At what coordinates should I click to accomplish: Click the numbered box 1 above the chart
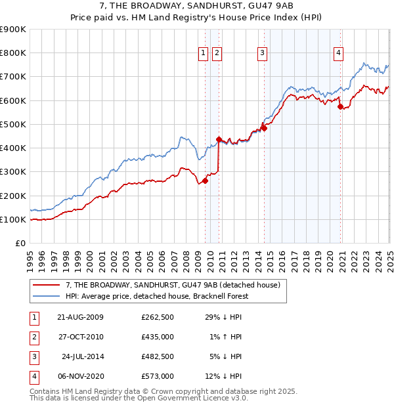click(203, 54)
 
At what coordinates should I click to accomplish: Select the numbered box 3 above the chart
click(262, 54)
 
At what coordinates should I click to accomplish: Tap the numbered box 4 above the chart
click(338, 54)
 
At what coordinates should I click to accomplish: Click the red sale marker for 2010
click(219, 139)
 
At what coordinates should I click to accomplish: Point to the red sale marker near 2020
click(340, 107)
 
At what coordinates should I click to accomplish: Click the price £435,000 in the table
click(157, 337)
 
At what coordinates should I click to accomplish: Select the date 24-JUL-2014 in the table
click(83, 356)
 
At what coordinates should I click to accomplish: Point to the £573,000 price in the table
click(157, 376)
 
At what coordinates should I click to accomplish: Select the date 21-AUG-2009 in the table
click(81, 317)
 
